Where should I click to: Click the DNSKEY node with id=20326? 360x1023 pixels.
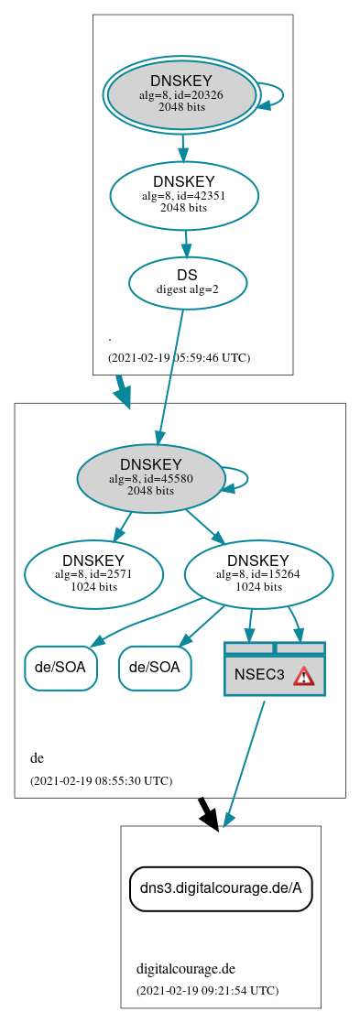coord(181,94)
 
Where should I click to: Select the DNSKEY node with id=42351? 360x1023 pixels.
coord(184,194)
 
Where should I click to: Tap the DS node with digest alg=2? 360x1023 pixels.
coord(188,282)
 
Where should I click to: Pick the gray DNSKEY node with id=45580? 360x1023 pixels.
coord(151,477)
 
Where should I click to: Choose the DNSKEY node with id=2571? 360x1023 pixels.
coord(93,574)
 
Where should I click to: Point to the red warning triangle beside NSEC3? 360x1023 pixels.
coord(303,676)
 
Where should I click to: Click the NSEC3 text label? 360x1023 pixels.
coord(259,676)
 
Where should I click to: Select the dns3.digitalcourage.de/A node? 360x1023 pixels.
coord(221,888)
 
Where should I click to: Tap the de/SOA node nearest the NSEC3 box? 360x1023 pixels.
coord(155,668)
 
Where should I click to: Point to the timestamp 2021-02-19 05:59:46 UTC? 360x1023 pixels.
coord(179,358)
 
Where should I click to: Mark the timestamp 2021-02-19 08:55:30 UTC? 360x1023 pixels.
coord(101,781)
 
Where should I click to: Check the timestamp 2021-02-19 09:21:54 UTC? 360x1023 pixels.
coord(207,990)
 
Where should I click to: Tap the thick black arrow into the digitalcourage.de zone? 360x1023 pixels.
coord(208,813)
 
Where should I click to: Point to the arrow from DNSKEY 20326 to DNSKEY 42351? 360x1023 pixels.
coord(183,147)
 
